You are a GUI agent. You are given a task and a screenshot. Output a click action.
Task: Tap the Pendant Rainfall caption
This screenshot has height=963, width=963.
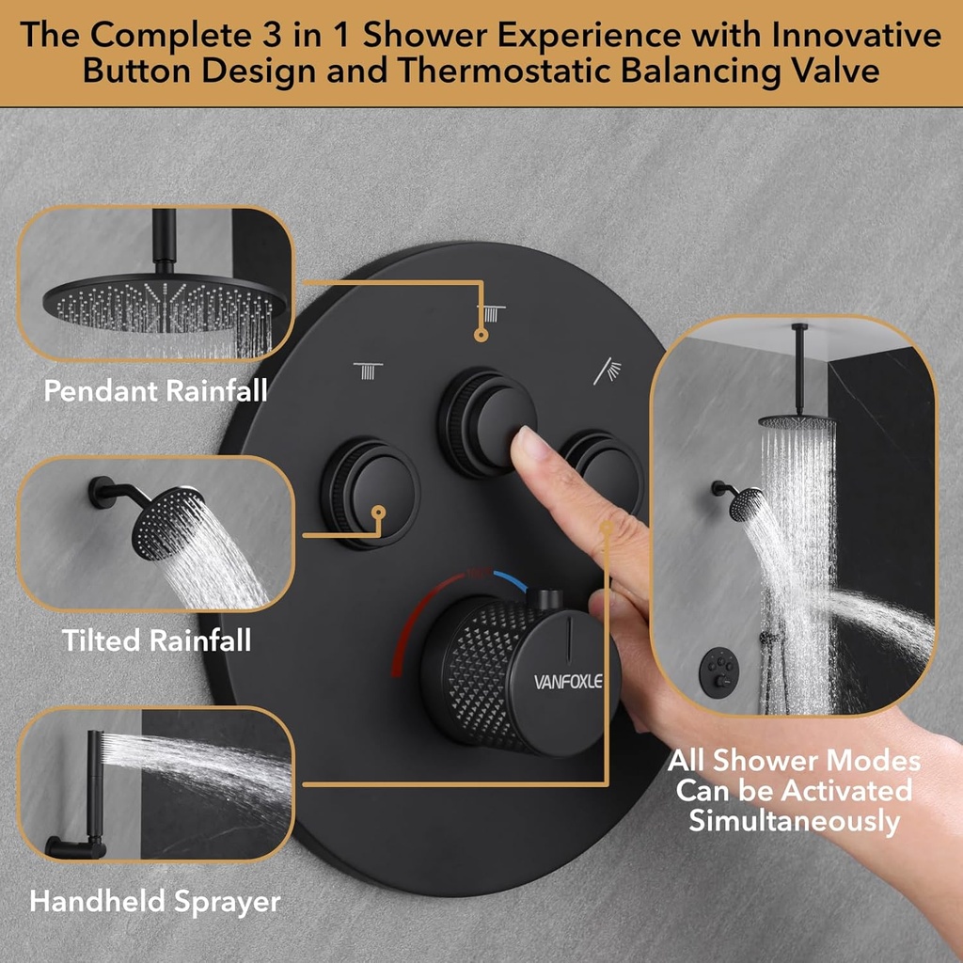(156, 390)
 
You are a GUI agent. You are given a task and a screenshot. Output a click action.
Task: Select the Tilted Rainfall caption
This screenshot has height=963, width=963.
(156, 640)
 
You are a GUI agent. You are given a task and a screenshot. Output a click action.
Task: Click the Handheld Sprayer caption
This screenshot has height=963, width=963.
(155, 901)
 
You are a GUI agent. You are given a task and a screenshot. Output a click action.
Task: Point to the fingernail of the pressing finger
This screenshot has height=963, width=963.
(529, 444)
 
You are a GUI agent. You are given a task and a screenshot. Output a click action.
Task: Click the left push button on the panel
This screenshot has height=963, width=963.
(371, 491)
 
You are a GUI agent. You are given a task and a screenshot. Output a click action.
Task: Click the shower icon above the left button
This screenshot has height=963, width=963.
(368, 370)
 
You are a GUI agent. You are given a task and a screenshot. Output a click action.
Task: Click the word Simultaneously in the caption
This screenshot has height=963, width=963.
(794, 820)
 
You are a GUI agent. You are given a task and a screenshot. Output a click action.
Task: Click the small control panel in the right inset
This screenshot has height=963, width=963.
(718, 670)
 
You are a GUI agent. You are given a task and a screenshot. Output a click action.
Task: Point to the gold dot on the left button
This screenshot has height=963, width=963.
(378, 513)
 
